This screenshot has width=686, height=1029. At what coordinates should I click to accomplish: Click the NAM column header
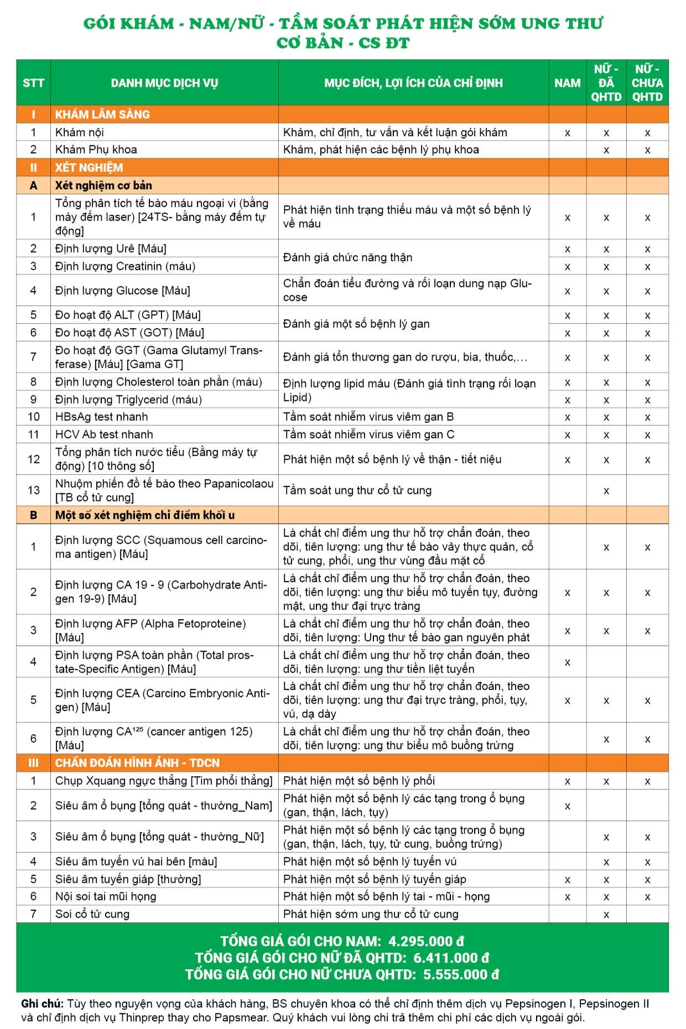(567, 83)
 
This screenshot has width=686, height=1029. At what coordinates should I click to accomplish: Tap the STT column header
(33, 83)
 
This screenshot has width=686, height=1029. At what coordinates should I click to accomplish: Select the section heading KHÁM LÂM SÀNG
(102, 115)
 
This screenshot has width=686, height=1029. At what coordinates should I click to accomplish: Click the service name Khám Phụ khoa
(96, 149)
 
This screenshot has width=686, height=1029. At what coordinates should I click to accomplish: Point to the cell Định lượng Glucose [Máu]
(122, 290)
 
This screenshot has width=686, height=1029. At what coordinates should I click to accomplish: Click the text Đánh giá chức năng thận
(347, 257)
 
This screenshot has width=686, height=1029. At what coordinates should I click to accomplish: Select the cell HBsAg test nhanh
(101, 417)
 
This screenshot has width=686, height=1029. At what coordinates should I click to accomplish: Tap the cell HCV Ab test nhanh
(104, 434)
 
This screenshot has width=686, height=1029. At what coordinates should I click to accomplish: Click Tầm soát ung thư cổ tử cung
(357, 490)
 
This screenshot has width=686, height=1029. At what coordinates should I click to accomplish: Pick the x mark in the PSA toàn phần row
(567, 662)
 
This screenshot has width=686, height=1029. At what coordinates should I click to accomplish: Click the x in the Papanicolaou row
(606, 491)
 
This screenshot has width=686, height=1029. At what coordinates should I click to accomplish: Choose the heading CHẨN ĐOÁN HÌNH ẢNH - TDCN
(137, 763)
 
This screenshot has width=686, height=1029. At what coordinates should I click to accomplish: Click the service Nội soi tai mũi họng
(106, 896)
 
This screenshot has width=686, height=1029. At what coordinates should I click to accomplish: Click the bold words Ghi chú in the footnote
(42, 1004)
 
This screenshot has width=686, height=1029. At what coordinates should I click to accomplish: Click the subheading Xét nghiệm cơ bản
(103, 185)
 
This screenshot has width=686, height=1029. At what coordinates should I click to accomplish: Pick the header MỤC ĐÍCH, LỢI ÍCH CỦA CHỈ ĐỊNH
(413, 83)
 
